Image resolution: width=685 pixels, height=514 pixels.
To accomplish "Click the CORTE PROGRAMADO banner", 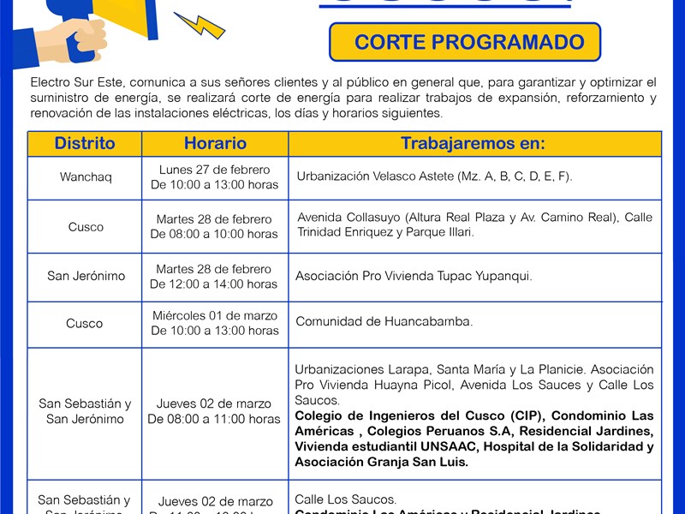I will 465,42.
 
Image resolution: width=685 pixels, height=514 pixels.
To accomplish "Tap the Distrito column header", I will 85,143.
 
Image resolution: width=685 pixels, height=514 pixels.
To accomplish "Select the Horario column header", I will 215,143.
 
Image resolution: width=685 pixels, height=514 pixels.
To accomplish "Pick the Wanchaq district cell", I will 86,177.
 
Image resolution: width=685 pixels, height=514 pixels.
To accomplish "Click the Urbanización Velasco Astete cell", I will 434,177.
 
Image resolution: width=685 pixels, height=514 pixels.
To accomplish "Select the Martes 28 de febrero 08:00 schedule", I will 214,226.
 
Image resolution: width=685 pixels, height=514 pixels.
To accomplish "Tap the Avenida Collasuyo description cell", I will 474,224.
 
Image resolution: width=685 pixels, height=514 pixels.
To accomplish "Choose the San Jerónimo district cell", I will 86,276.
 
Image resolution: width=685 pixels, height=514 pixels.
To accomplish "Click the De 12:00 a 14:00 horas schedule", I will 214,284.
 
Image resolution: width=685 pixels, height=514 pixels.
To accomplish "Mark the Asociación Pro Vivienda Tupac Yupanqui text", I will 414,276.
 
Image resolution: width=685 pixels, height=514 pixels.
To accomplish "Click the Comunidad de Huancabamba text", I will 384,322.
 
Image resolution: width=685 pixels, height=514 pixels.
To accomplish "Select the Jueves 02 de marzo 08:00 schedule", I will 214,411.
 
